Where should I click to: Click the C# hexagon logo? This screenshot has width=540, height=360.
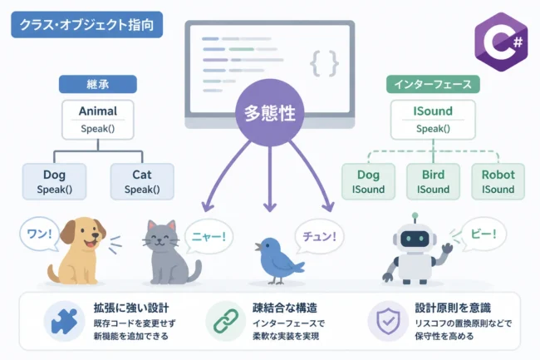[x=501, y=42]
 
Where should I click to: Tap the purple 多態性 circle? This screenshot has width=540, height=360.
[x=270, y=112]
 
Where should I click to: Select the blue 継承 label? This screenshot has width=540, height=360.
[x=98, y=84]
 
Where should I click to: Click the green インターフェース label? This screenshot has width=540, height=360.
[x=433, y=84]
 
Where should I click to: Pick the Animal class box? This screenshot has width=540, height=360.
[x=98, y=120]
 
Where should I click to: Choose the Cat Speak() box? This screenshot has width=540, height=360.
[x=142, y=181]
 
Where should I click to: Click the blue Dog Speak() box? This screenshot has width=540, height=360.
[x=54, y=181]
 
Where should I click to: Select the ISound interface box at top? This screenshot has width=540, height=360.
[x=433, y=120]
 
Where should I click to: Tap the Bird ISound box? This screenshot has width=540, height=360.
[x=433, y=181]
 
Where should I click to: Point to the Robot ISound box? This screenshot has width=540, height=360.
[x=498, y=181]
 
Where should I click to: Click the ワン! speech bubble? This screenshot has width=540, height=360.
[x=40, y=234]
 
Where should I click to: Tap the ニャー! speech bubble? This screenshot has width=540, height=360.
[x=209, y=237]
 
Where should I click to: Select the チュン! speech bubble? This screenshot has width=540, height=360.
[x=319, y=237]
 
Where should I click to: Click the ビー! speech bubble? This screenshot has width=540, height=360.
[x=484, y=234]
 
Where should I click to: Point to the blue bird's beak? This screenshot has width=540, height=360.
[x=258, y=247]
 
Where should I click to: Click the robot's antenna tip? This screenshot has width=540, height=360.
[x=415, y=215]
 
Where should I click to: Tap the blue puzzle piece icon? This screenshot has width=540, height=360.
[x=65, y=321]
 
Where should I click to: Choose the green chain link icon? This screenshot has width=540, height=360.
[x=226, y=321]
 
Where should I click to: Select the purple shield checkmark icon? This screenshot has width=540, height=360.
[x=388, y=321]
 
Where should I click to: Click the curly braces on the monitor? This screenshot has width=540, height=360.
[x=324, y=63]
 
